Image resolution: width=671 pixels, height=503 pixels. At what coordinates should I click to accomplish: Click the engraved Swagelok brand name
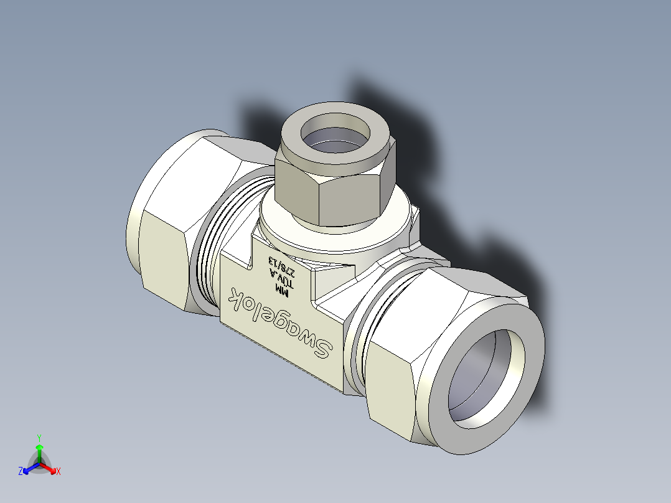coord(279,322)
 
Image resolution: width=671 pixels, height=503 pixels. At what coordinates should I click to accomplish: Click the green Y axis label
coord(39,438)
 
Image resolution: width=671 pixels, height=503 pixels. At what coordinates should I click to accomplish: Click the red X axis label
coord(59,471)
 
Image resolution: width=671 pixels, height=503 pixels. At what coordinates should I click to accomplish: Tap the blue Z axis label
coord(21,471)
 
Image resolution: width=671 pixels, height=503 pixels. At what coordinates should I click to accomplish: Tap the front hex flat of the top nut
coord(350,199)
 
